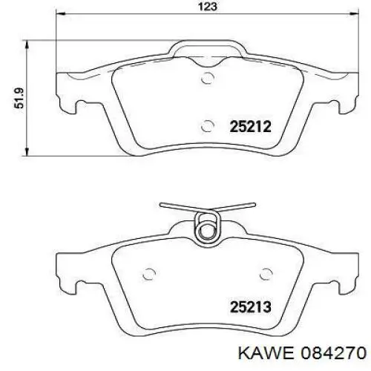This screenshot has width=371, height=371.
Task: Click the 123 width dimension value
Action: pos(208,6)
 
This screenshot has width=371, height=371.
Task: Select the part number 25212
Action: pos(250,127)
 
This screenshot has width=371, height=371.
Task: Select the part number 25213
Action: pos(251,306)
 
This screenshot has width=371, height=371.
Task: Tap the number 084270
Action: pos(333,352)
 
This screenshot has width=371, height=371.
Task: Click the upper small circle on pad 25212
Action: pos(207,78)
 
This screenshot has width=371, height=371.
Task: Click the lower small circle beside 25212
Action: pos(207,126)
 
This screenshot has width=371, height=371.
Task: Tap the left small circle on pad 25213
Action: pos(150,274)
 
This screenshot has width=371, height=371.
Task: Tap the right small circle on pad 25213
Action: pos(266,274)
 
